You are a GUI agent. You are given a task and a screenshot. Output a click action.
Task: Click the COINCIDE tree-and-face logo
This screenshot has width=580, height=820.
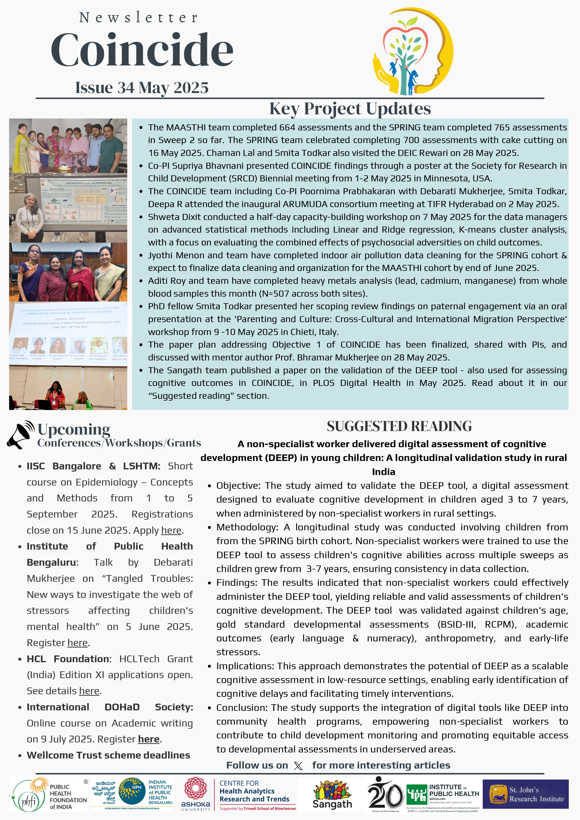coord(413,52)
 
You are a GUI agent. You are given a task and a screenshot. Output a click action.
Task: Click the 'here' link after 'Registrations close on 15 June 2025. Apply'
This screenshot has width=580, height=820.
coord(171,530)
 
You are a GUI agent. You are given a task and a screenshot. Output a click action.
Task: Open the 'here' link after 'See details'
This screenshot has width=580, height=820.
coord(89,691)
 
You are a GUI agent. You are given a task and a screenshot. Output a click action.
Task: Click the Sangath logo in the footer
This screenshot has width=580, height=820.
coord(332,795)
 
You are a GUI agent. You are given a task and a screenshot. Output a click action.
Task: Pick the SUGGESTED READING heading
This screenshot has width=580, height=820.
coord(399,426)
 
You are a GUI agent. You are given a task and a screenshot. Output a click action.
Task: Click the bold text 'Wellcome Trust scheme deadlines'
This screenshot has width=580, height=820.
coord(108,755)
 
